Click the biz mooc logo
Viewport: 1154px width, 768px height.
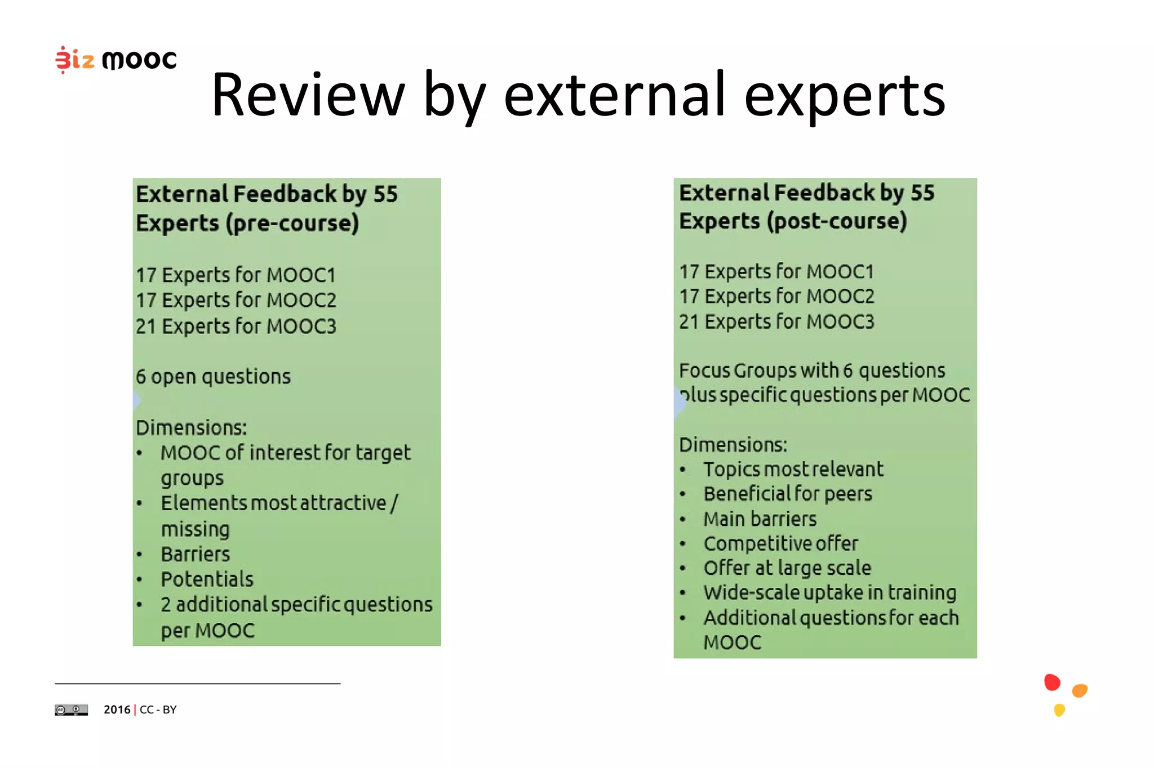pyautogui.click(x=116, y=59)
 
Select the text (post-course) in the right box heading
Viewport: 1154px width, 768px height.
pyautogui.click(x=836, y=221)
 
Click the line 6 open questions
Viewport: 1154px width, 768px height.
pyautogui.click(x=213, y=376)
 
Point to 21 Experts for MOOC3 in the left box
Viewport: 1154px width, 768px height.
pyautogui.click(x=236, y=326)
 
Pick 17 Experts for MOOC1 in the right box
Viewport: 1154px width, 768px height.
pyautogui.click(x=776, y=271)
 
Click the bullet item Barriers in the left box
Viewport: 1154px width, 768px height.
pyautogui.click(x=195, y=554)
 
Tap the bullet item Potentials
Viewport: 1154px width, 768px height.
pyautogui.click(x=207, y=579)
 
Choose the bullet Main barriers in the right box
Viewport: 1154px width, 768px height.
pyautogui.click(x=760, y=519)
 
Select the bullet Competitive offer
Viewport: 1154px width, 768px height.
pyautogui.click(x=780, y=543)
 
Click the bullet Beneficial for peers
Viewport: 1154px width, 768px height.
pyautogui.click(x=787, y=494)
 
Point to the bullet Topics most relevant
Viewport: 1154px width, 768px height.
pyautogui.click(x=793, y=469)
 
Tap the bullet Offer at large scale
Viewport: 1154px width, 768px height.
pyautogui.click(x=787, y=568)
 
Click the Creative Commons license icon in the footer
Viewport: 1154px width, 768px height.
pyautogui.click(x=71, y=710)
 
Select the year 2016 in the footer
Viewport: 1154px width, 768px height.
pyautogui.click(x=117, y=709)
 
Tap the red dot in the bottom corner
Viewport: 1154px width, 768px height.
pyautogui.click(x=1051, y=682)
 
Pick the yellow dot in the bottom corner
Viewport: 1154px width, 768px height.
pyautogui.click(x=1059, y=709)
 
